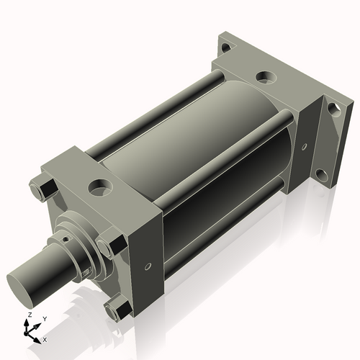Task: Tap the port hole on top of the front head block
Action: (x=97, y=189)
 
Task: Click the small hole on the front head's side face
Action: (x=148, y=266)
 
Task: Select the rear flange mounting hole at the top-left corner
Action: (x=226, y=48)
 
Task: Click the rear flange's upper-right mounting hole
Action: (x=333, y=109)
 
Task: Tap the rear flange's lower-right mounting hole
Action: (x=321, y=175)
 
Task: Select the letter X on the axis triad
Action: (x=45, y=339)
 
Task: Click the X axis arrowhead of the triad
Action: (x=39, y=337)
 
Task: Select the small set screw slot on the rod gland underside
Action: (x=86, y=272)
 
